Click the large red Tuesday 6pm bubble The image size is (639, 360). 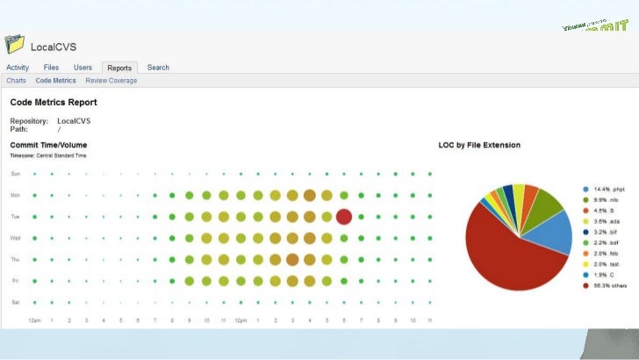[344, 216]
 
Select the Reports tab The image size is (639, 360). [119, 68]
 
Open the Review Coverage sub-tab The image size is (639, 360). [111, 81]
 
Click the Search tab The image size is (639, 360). [158, 68]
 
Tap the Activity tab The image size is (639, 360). [18, 68]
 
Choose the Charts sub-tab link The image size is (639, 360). [16, 81]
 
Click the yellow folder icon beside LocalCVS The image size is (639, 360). [14, 44]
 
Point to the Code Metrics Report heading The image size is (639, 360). [54, 103]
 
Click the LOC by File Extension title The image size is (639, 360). [479, 145]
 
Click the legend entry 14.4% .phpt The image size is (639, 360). [609, 190]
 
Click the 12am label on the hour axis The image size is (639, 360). [35, 320]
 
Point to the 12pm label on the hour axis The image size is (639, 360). [241, 320]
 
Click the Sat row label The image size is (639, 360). [14, 302]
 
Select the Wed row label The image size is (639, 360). [15, 237]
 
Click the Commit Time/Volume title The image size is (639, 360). [48, 145]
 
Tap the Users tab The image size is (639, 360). [83, 68]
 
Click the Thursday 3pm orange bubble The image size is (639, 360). [292, 259]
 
